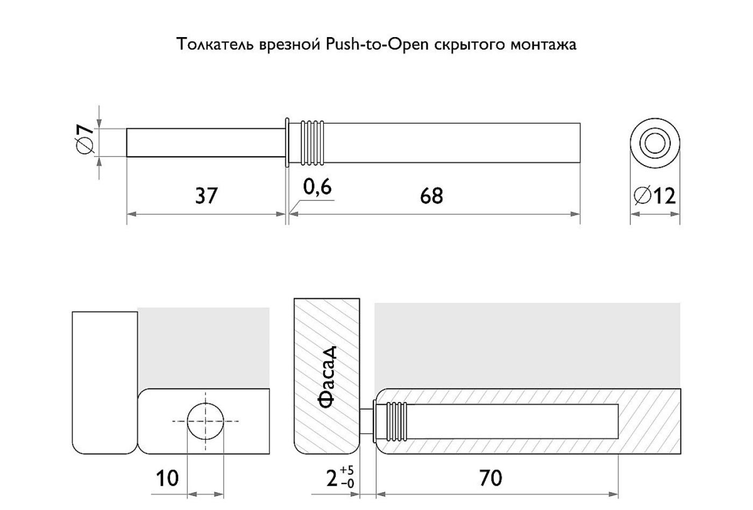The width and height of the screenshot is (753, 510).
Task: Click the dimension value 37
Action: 207,196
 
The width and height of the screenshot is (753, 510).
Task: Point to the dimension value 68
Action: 431,196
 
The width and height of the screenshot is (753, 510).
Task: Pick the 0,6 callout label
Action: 317,187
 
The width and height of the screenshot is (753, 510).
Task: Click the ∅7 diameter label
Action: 83,139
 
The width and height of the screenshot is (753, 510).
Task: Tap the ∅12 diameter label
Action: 655,196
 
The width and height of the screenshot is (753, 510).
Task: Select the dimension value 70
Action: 491,478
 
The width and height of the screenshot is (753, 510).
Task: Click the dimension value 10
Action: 167,478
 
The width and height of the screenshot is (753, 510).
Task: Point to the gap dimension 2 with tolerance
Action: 340,477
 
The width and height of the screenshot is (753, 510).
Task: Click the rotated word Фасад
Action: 327,377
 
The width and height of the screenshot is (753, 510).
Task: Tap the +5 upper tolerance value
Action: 347,470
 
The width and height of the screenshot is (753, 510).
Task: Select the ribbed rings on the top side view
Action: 312,143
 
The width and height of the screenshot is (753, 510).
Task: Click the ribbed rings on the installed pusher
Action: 397,421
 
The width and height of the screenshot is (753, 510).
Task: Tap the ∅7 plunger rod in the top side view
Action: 205,142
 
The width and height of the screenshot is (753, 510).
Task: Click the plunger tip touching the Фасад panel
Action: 366,421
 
